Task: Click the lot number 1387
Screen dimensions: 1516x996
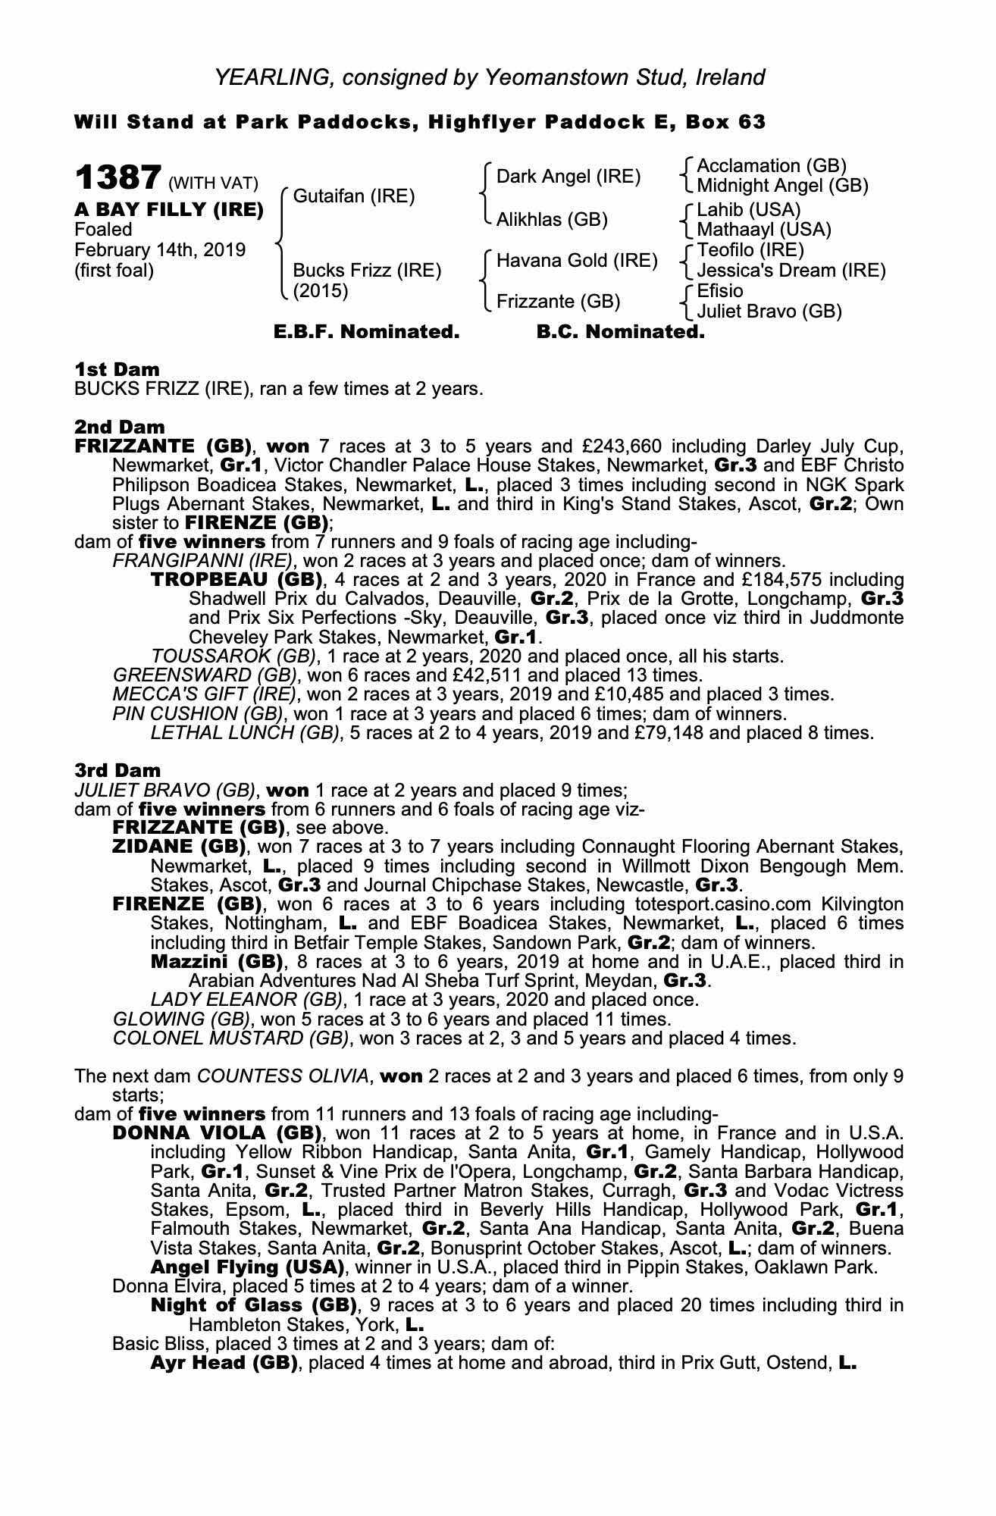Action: pos(117,179)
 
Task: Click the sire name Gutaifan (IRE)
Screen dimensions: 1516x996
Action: pos(353,196)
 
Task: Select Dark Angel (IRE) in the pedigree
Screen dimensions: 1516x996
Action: pos(568,177)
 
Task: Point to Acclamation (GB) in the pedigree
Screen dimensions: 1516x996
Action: pos(771,166)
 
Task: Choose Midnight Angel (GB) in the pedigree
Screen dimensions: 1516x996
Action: pos(782,186)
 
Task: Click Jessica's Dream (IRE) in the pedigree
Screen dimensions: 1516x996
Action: pos(791,271)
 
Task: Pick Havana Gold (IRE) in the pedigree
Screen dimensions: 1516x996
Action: pos(577,261)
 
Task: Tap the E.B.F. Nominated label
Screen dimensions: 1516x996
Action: pos(366,332)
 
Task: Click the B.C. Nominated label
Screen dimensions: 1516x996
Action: pos(620,332)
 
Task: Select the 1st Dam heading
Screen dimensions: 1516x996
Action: pos(117,370)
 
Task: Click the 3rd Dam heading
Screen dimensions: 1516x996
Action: pos(117,772)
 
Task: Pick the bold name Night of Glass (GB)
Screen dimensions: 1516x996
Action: pos(253,1305)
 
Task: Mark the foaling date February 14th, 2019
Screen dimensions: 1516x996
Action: pos(159,250)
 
